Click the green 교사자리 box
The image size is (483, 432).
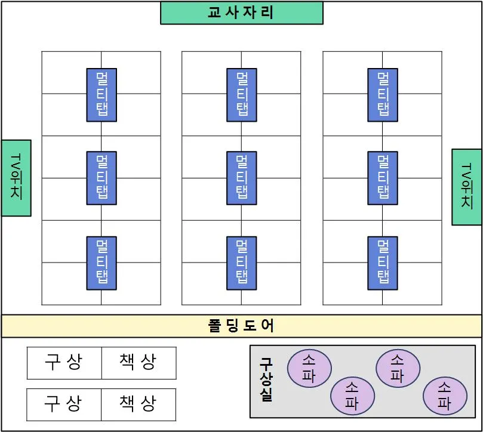(241, 13)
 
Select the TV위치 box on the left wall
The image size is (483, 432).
(16, 178)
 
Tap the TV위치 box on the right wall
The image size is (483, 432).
(466, 187)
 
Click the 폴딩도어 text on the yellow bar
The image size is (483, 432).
(241, 326)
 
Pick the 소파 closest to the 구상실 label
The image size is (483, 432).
(309, 368)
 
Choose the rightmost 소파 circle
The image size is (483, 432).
(444, 396)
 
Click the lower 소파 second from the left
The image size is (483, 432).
(352, 396)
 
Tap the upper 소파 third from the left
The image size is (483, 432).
(397, 368)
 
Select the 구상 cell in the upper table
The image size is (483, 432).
(64, 362)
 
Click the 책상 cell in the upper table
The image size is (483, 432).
(139, 362)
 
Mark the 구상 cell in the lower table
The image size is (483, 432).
(64, 405)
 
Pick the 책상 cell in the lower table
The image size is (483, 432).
(139, 405)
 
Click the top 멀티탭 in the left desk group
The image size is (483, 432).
(101, 95)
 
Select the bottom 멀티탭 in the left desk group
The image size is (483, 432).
(101, 263)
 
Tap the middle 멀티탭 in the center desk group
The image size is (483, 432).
(242, 178)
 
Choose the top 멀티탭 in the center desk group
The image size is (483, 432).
(242, 95)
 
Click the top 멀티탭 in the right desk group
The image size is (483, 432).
(383, 95)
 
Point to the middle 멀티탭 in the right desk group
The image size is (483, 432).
(383, 178)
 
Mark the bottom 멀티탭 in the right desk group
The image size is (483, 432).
(383, 263)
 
